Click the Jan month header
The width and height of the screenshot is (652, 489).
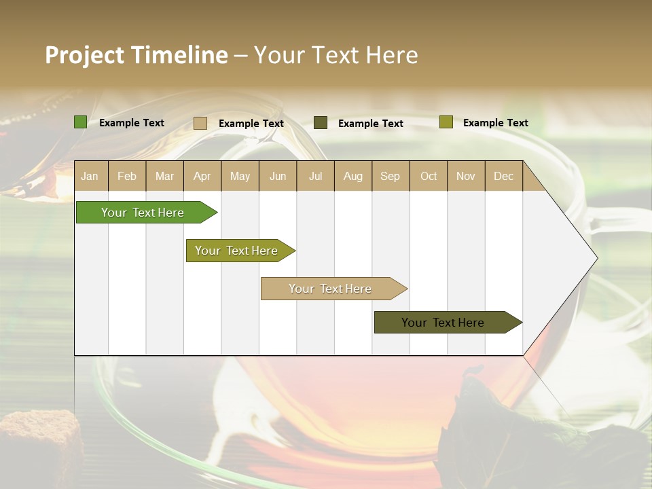click(x=90, y=176)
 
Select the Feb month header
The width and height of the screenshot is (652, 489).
click(x=127, y=176)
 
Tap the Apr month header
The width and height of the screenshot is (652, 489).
click(x=202, y=176)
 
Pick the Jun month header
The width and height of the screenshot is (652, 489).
click(x=277, y=176)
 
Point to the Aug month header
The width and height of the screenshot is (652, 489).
click(x=352, y=176)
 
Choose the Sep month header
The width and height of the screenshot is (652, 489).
click(x=390, y=176)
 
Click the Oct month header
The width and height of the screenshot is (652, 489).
click(x=428, y=176)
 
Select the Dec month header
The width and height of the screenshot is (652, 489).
click(x=503, y=176)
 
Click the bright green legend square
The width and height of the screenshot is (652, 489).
click(x=80, y=122)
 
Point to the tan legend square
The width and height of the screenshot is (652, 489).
click(x=200, y=123)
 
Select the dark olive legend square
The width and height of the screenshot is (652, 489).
click(x=320, y=123)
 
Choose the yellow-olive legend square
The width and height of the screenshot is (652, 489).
click(x=446, y=122)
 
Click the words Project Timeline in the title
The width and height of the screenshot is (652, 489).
click(x=136, y=55)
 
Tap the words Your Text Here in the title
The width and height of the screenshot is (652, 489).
click(x=336, y=55)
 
